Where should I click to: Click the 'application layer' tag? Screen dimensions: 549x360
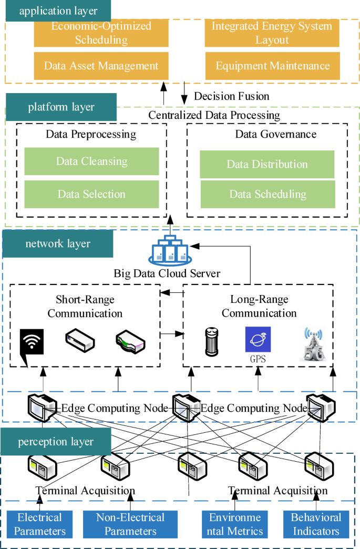click(x=58, y=11)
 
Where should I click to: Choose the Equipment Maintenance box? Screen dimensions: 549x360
click(x=273, y=66)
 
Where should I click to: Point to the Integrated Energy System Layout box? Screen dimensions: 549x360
click(x=273, y=33)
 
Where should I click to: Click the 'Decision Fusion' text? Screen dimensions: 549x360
click(x=232, y=96)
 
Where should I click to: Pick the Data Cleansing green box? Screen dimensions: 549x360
click(x=91, y=161)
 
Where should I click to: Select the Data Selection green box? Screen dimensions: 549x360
click(x=91, y=194)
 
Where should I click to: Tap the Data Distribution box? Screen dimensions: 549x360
click(x=267, y=164)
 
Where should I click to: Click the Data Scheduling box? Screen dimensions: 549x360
click(x=268, y=194)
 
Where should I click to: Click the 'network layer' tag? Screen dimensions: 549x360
click(x=58, y=243)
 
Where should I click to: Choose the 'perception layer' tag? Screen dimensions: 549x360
click(x=56, y=442)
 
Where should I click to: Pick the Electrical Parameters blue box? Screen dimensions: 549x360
click(x=40, y=524)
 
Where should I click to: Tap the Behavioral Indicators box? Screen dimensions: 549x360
click(x=316, y=524)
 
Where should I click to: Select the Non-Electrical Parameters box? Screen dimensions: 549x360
click(x=130, y=524)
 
